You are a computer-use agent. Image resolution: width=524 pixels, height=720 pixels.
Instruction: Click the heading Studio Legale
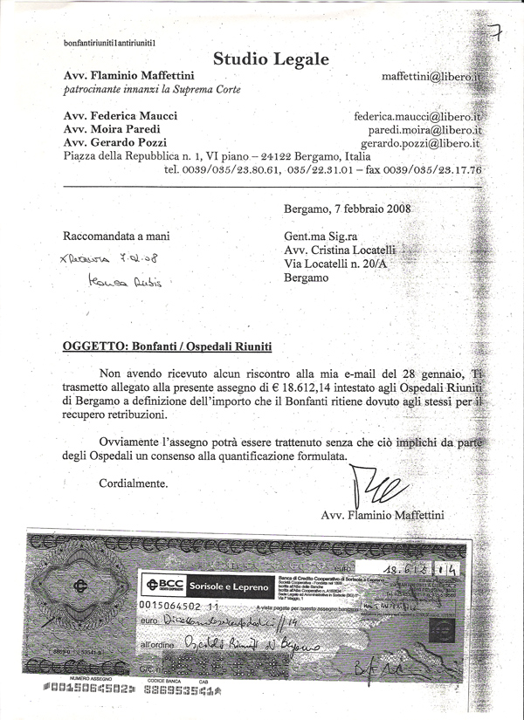click(x=272, y=59)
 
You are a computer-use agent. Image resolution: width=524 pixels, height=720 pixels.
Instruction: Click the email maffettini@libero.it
click(x=431, y=77)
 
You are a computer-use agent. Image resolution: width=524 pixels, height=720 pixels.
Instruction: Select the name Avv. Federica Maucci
click(x=121, y=116)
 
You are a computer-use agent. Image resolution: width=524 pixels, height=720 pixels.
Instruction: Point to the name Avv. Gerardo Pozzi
click(x=116, y=142)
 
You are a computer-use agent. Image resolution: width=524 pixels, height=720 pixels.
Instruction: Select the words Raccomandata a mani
click(x=117, y=236)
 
